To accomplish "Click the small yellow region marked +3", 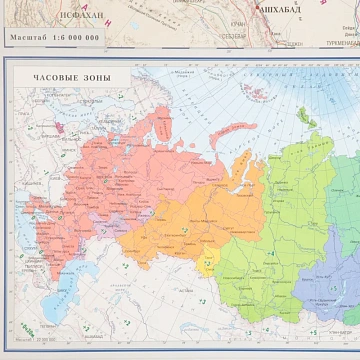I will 208,264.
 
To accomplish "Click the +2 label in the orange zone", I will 185,230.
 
